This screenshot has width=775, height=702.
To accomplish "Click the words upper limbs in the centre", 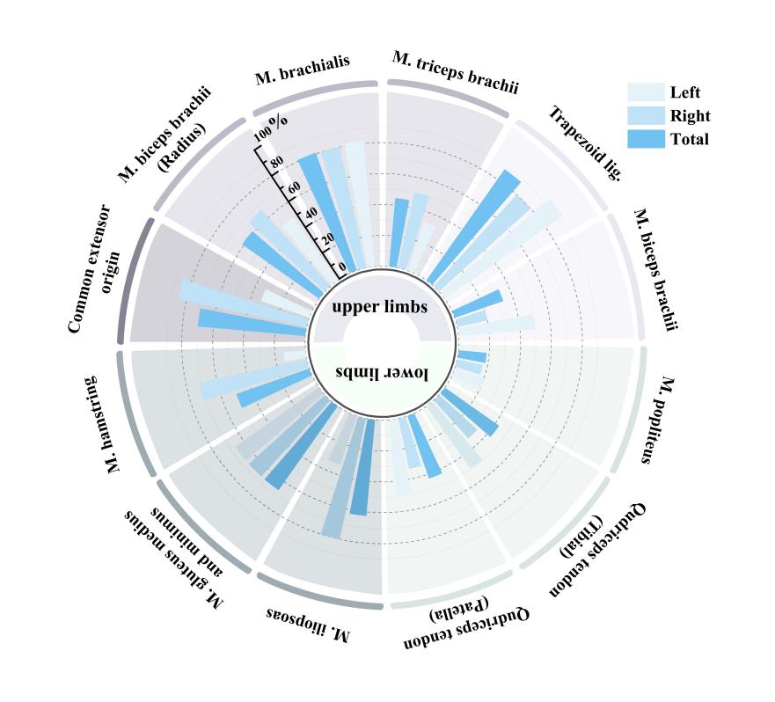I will [x=380, y=307].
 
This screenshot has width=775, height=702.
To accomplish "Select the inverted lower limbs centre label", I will [x=382, y=373].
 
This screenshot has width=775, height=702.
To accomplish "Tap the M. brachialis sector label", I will [x=303, y=69].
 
